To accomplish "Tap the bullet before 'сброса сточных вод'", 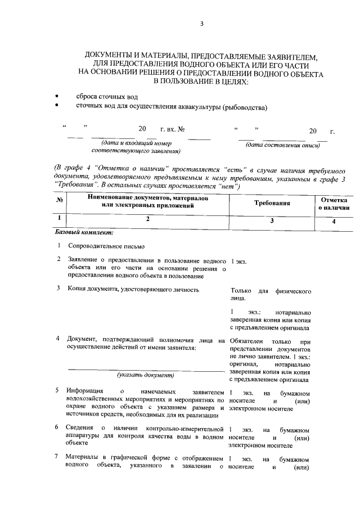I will [x=56, y=96].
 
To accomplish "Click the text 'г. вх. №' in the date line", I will [x=173, y=130].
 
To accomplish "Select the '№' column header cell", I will [x=60, y=202].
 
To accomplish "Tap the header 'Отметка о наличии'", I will [x=334, y=203].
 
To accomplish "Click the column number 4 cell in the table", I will [x=334, y=220].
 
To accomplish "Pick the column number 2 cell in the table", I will [x=147, y=220].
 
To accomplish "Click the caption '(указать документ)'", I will [x=145, y=375].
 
